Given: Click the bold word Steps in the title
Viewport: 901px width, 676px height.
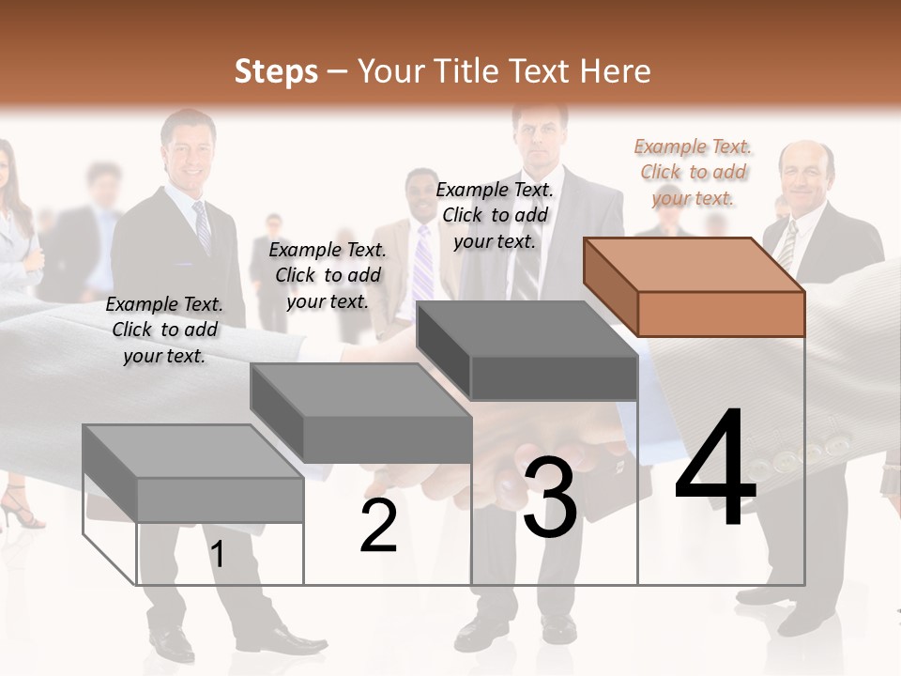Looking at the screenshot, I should (x=276, y=71).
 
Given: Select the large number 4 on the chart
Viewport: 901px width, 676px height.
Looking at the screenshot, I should (x=715, y=469).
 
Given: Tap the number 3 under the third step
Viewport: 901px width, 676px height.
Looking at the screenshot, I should (x=550, y=498).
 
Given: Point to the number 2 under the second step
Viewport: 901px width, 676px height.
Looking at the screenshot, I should (x=378, y=527).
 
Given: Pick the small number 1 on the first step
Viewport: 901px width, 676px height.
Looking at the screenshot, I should (x=217, y=555).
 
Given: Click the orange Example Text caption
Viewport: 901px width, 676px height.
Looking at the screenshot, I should (x=693, y=172).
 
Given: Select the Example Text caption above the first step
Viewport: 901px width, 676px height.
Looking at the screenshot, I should (x=164, y=330).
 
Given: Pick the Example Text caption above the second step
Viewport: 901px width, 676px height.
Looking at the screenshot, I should (x=328, y=275).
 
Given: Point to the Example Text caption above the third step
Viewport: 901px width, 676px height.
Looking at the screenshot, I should (x=495, y=215).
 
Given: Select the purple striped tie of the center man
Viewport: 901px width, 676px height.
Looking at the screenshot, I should (x=424, y=263).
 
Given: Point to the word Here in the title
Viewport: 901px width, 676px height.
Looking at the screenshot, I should (x=616, y=71).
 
